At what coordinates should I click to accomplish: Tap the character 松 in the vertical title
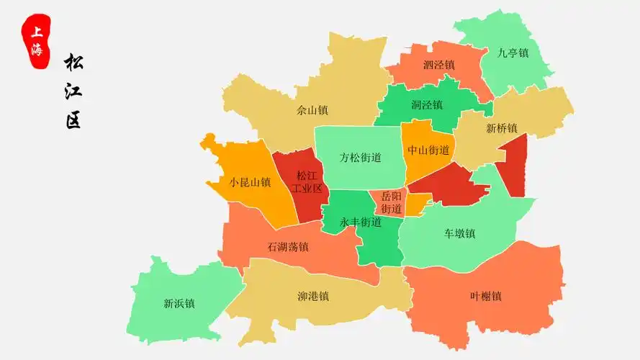[73, 63]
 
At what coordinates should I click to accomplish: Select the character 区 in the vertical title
[73, 120]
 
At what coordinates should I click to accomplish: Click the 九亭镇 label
[513, 53]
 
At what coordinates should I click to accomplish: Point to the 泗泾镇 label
[438, 65]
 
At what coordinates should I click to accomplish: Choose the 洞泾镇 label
[427, 105]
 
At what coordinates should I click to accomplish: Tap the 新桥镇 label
[502, 129]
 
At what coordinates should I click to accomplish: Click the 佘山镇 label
[312, 110]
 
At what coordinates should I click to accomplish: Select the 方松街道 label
[361, 158]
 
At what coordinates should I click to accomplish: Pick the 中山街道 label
[428, 150]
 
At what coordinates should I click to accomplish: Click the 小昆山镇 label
[250, 183]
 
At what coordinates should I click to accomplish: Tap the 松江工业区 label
[307, 182]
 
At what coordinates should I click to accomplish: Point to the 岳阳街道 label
[391, 202]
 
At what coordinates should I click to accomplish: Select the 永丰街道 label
[361, 222]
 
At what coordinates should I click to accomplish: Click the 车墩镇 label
[459, 233]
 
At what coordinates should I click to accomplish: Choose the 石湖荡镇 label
[288, 247]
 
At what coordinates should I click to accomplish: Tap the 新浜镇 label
[179, 303]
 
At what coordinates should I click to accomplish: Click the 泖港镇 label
[313, 296]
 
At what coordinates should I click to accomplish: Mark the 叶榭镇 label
[485, 296]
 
